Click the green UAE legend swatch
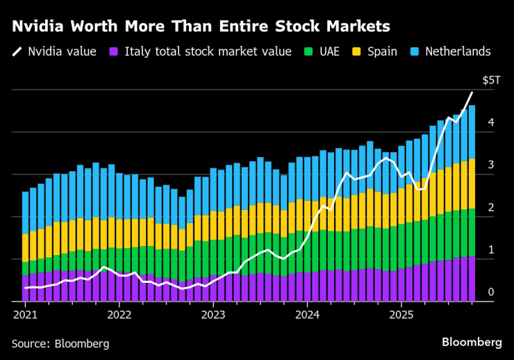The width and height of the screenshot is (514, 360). pyautogui.click(x=309, y=51)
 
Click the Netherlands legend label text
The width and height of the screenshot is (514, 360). pyautogui.click(x=457, y=51)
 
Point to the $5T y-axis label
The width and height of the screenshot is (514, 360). pyautogui.click(x=490, y=81)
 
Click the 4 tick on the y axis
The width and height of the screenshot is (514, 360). pyautogui.click(x=490, y=122)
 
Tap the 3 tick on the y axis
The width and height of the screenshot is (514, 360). pyautogui.click(x=490, y=165)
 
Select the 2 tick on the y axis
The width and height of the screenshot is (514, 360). pyautogui.click(x=490, y=207)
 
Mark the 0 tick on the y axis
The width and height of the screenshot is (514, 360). pyautogui.click(x=490, y=292)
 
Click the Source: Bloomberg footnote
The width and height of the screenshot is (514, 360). pyautogui.click(x=60, y=343)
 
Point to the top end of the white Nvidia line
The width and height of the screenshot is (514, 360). pyautogui.click(x=472, y=92)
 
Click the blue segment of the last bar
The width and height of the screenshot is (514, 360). pyautogui.click(x=472, y=132)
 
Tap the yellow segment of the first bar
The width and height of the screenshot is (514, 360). pyautogui.click(x=26, y=247)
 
